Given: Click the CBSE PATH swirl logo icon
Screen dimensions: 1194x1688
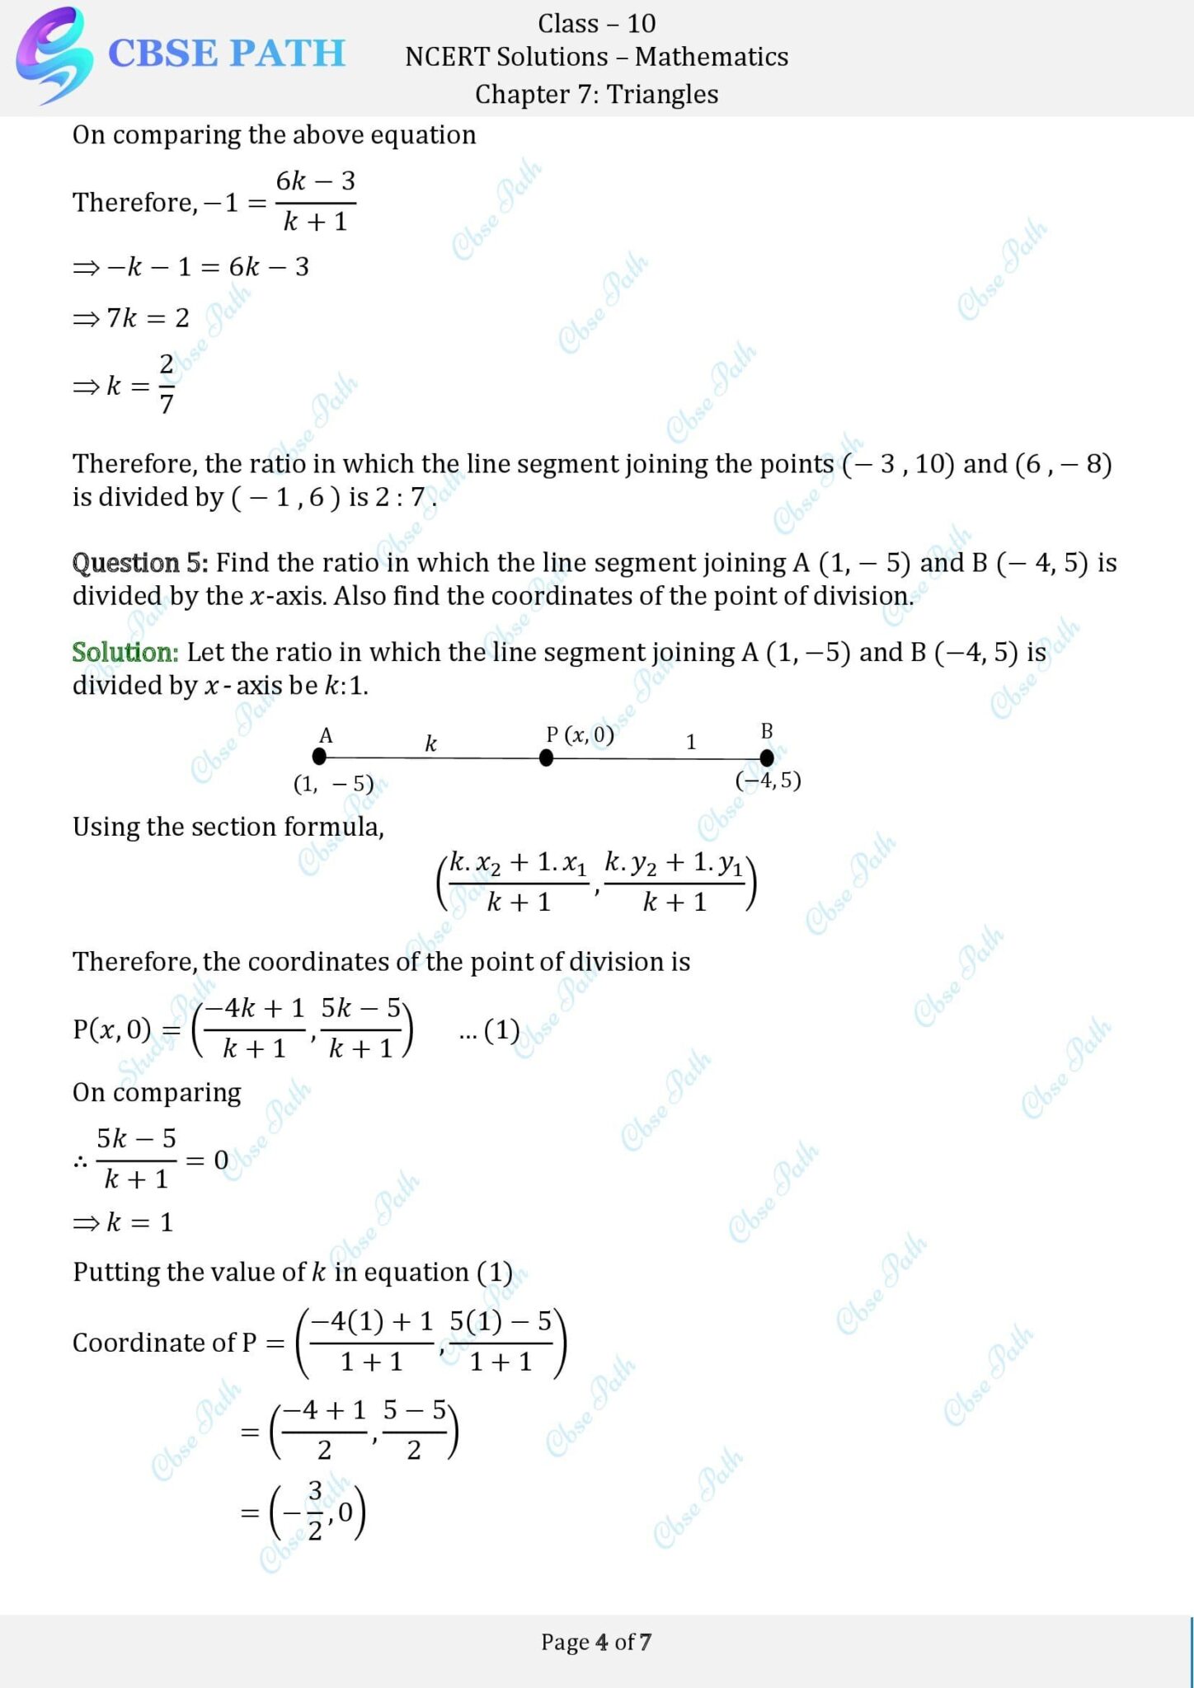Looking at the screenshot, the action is click(51, 54).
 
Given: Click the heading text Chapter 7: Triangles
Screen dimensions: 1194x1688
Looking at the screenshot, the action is click(596, 94).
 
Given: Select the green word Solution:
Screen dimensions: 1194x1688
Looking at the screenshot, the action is click(125, 653).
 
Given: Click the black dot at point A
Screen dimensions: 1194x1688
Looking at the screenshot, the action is click(319, 757).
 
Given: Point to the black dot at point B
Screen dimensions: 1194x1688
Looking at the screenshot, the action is click(767, 757).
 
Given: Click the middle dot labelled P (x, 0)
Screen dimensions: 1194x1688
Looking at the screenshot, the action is click(546, 757).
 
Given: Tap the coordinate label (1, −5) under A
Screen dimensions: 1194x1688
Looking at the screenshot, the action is click(333, 784).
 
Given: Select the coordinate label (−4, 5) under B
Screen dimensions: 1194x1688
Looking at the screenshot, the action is click(768, 781).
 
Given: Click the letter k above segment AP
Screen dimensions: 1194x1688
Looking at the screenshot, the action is click(430, 743).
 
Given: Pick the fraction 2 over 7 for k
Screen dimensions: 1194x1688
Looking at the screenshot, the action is click(166, 384).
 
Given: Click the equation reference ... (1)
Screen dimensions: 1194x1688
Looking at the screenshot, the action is click(489, 1030).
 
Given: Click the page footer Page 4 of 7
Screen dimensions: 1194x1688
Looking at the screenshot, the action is click(596, 1643).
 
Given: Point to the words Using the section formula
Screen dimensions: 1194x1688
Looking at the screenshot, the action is click(228, 827).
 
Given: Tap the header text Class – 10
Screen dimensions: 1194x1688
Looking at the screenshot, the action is click(596, 23).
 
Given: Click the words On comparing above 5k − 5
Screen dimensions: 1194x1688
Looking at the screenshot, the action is click(157, 1093).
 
